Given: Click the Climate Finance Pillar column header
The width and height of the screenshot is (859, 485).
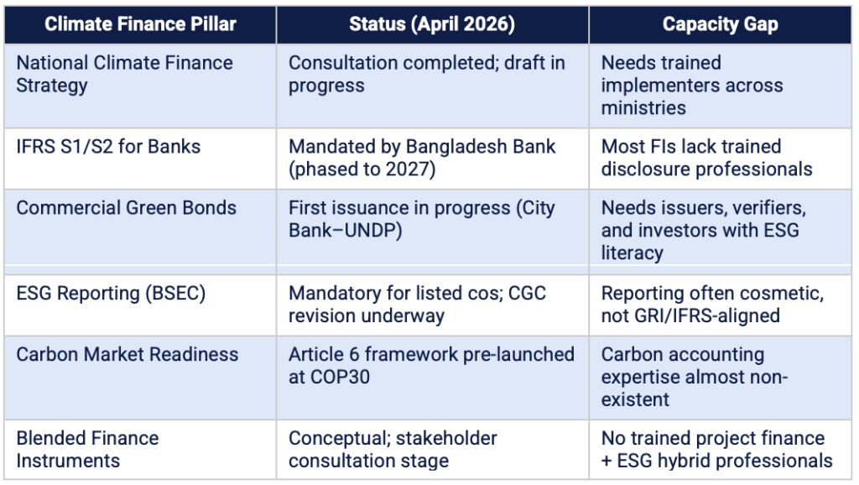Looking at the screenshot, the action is [x=140, y=24].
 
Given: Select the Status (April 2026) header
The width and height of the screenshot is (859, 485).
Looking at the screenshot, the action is [x=432, y=24].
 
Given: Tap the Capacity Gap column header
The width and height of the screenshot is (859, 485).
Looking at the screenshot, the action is [x=720, y=24].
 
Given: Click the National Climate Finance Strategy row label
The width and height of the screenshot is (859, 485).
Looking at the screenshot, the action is [x=124, y=74].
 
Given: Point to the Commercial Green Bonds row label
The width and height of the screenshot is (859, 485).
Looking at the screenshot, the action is [x=126, y=208].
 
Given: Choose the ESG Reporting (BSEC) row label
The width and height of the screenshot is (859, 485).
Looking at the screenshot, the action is [x=111, y=293].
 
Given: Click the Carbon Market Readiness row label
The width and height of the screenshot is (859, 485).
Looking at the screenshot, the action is [x=128, y=355].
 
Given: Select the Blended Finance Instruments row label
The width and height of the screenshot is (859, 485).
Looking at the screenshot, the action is [x=87, y=450].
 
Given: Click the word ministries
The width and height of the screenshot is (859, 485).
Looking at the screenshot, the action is [x=643, y=108].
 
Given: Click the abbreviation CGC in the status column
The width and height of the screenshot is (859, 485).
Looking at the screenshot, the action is [x=527, y=293].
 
